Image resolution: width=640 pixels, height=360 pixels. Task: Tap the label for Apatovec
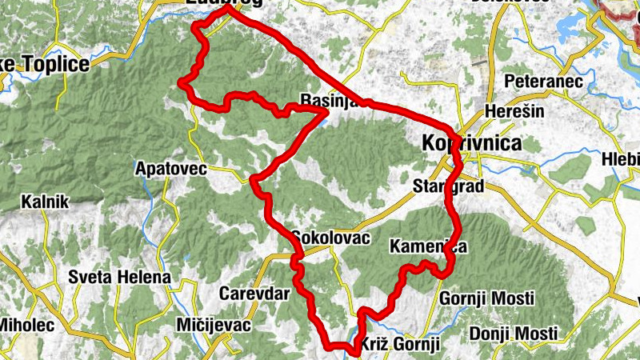(171, 169)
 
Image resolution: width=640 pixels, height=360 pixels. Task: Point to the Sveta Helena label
(119, 277)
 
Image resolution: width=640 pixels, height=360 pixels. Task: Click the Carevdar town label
(254, 294)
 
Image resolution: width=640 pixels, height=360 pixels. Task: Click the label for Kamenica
(428, 246)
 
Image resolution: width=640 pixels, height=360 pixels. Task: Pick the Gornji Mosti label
(487, 298)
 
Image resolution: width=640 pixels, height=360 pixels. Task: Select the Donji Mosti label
(513, 333)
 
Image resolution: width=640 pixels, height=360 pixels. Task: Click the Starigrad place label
(449, 187)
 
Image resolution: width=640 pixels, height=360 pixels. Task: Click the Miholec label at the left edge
(26, 325)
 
